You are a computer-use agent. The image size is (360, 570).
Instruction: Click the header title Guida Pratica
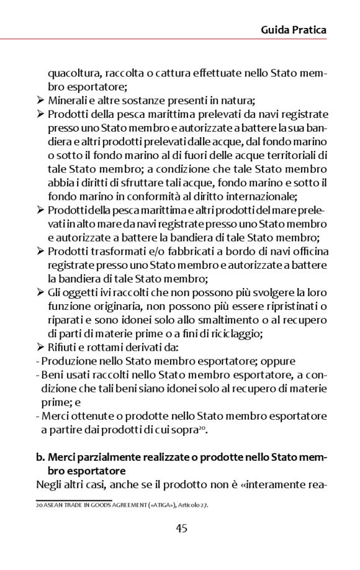coord(294,29)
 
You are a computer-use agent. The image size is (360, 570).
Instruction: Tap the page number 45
coord(181,528)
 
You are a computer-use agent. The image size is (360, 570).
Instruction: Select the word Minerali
coord(68,101)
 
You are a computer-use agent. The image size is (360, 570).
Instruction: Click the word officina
coord(307,251)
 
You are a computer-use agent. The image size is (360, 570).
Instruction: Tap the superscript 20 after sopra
coord(202,426)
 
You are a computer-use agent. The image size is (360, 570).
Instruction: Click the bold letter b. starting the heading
coord(41,457)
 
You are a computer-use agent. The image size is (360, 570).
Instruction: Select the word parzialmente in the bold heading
coord(106,457)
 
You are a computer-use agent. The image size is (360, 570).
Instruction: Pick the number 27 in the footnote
coord(204,505)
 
